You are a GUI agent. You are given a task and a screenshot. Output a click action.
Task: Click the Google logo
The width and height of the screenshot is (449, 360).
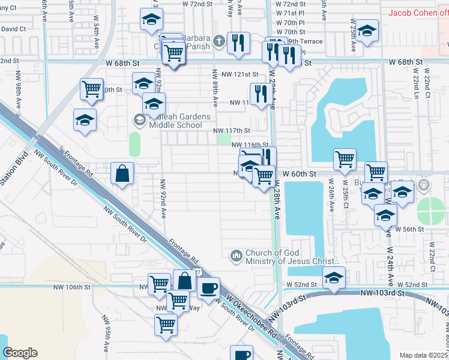(20, 353)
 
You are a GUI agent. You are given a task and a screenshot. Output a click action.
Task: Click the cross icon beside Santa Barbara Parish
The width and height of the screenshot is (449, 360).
(219, 41)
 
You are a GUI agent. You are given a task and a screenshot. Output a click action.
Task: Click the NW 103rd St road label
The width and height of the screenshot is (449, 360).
(384, 292)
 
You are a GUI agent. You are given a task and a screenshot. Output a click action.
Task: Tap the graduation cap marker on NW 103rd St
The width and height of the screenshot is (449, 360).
(334, 277)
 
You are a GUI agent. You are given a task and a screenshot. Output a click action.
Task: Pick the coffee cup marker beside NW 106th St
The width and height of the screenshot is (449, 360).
(208, 288)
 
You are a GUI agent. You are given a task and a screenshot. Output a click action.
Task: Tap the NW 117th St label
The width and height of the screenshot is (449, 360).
(232, 130)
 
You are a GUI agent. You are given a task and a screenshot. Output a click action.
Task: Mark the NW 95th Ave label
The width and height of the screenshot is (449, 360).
(106, 340)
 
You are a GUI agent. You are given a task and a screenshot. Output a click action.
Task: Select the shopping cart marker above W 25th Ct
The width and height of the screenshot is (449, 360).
(345, 159)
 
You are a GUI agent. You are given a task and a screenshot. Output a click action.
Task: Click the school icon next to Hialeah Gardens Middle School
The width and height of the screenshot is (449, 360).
(139, 121)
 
